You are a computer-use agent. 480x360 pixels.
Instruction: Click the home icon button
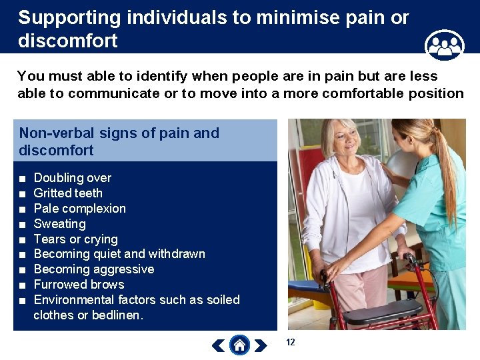[x=239, y=345]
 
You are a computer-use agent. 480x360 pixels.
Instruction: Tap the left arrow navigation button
[x=218, y=345]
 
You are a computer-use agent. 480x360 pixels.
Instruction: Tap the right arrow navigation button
[x=261, y=345]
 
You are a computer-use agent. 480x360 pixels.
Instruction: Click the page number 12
[x=290, y=342]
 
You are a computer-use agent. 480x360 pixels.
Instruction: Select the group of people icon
[x=444, y=46]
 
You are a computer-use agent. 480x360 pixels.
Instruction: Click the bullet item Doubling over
[x=72, y=178]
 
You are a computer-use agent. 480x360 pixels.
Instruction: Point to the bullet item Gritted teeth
[x=68, y=193]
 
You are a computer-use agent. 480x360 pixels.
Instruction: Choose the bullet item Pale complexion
[x=79, y=209]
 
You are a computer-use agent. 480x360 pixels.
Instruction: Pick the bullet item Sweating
[x=59, y=224]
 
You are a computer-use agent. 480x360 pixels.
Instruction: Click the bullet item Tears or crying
[x=75, y=239]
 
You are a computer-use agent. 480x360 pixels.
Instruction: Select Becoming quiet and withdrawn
[x=119, y=254]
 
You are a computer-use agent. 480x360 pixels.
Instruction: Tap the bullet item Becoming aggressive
[x=93, y=269]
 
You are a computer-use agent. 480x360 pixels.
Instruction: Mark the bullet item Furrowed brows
[x=79, y=285]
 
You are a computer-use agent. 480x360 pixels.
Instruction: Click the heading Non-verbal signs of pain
[x=119, y=133]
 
